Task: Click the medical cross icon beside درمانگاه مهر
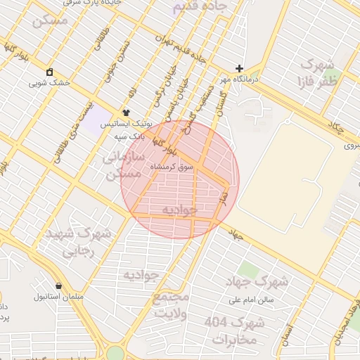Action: [240, 69]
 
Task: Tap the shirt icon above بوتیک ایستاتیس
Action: [126, 112]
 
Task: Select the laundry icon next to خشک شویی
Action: [50, 72]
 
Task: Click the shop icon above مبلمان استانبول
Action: [58, 285]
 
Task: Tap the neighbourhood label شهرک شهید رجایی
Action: [77, 242]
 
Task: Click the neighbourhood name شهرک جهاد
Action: [257, 282]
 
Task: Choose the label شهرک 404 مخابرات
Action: [235, 330]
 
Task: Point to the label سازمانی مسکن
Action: [124, 166]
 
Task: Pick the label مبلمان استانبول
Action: [59, 296]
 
